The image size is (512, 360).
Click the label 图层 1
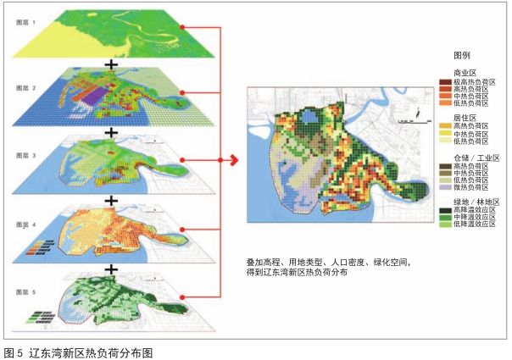25,24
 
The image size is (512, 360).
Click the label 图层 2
25,87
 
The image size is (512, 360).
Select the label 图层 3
25,155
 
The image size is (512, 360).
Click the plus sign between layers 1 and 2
109,64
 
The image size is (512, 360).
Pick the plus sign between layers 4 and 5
109,267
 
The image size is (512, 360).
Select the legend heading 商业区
466,73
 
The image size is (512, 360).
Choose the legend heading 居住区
466,118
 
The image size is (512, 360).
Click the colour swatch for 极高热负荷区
444,81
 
